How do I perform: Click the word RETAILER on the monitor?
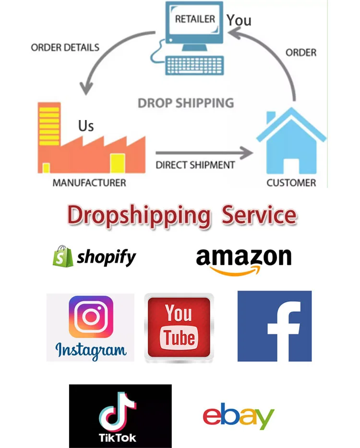click(195, 19)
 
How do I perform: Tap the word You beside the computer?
click(239, 20)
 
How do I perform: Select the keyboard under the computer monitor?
click(195, 65)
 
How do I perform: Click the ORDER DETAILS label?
click(65, 48)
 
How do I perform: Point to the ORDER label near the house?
click(301, 52)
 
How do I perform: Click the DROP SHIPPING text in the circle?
click(186, 103)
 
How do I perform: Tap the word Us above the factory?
click(86, 126)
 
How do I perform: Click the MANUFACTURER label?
click(89, 183)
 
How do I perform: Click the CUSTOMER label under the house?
click(291, 183)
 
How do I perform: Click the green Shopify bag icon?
click(62, 256)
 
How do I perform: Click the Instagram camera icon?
click(91, 316)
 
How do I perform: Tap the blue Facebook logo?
click(275, 326)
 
